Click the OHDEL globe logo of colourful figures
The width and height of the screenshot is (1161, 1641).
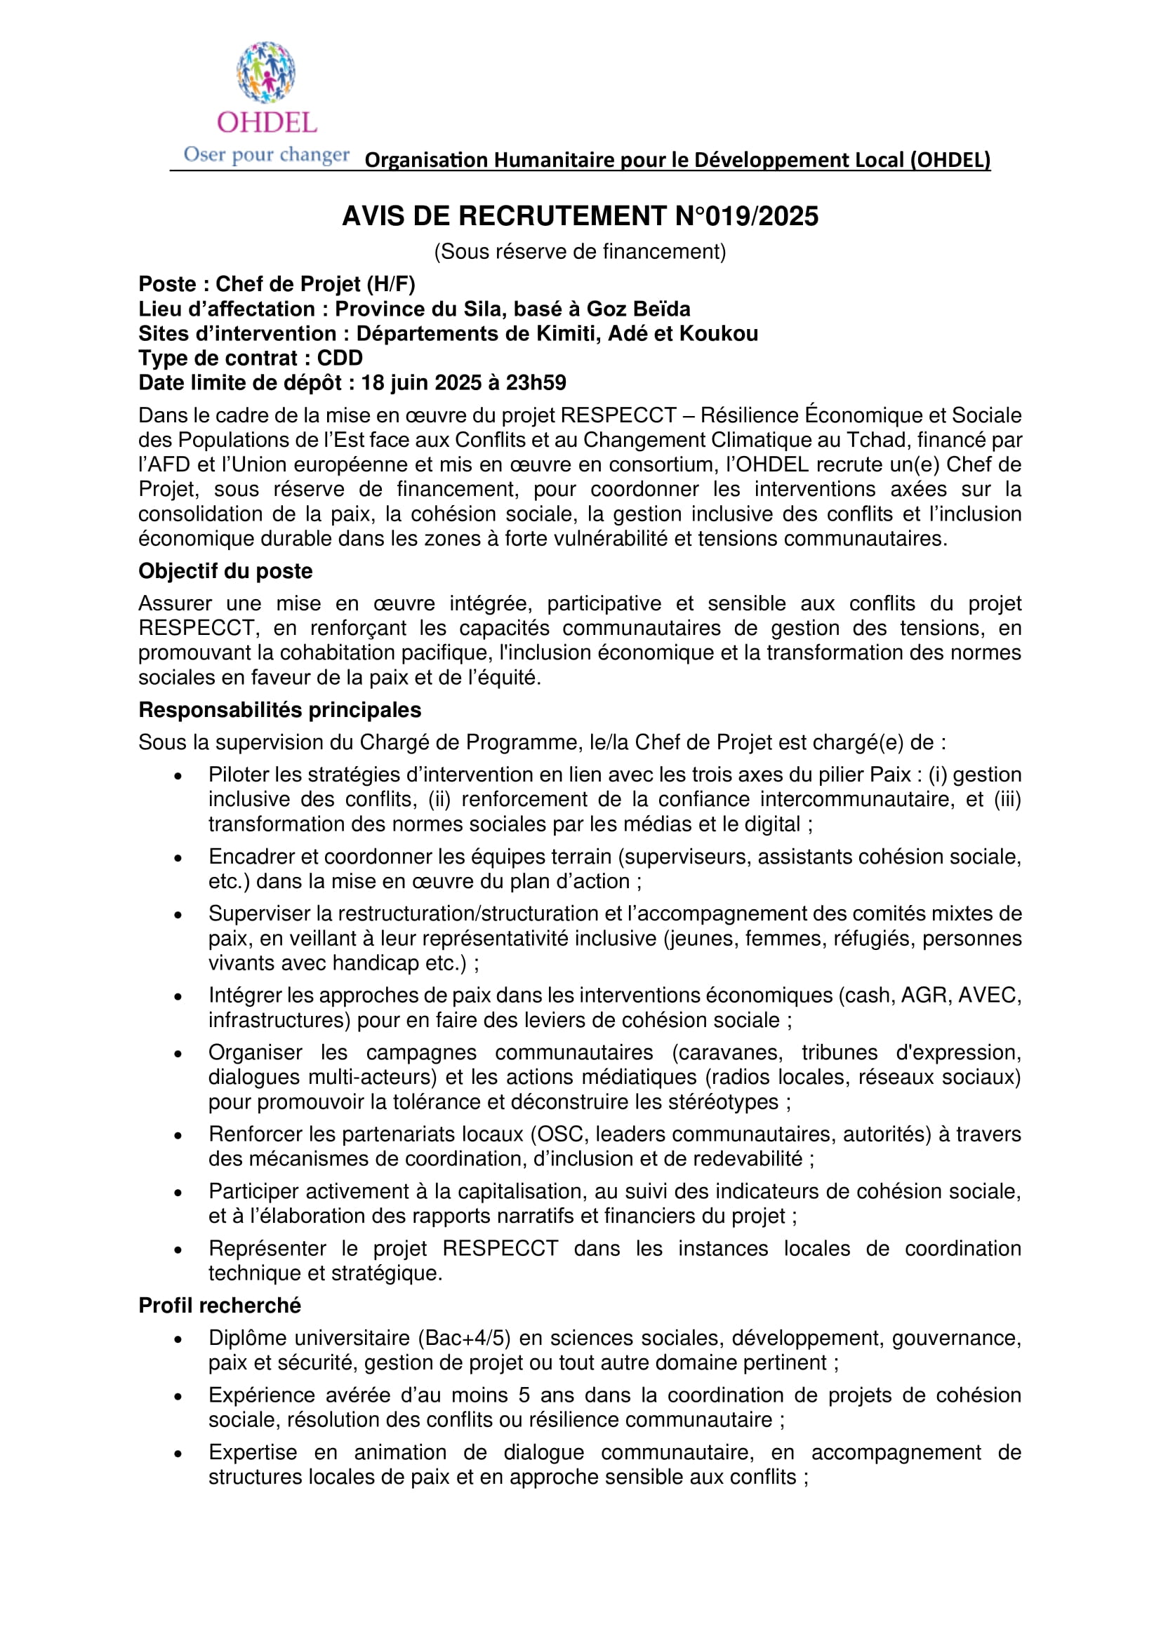click(x=266, y=72)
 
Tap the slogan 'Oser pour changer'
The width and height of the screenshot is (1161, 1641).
click(x=266, y=154)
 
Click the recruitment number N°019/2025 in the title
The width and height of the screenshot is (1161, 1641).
click(x=746, y=217)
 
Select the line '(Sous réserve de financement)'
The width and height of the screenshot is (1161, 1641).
click(x=580, y=252)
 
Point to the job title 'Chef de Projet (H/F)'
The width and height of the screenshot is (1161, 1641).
click(x=315, y=284)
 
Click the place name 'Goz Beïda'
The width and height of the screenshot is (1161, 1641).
click(x=638, y=309)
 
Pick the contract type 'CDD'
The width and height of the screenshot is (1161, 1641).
click(x=340, y=358)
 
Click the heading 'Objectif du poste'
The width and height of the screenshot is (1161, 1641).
click(x=225, y=571)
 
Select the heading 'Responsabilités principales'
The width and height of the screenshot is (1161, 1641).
click(x=279, y=710)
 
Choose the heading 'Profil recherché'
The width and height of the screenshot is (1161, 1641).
click(x=220, y=1306)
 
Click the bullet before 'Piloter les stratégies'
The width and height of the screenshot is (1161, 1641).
click(x=178, y=776)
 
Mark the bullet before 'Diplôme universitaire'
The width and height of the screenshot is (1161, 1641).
click(x=178, y=1339)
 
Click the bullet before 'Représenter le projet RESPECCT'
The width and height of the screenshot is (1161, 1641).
click(x=178, y=1250)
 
